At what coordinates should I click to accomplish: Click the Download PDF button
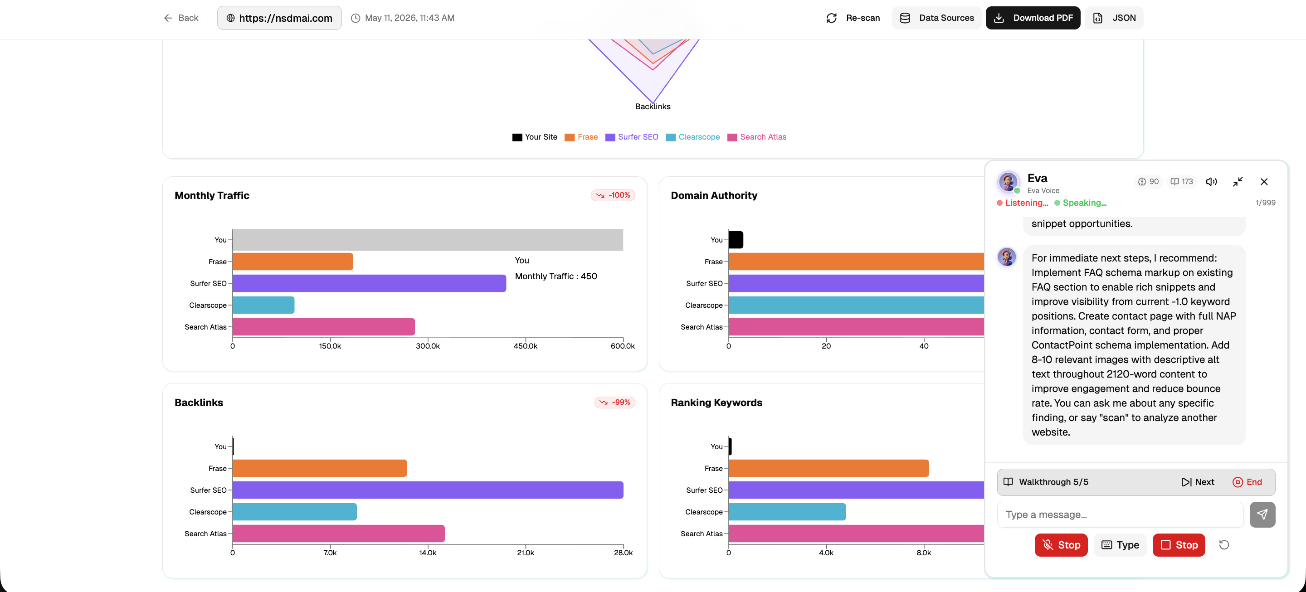pos(1033,18)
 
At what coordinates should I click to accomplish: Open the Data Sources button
pos(936,18)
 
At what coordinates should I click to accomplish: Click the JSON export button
pos(1114,18)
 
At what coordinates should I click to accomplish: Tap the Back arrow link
pos(181,18)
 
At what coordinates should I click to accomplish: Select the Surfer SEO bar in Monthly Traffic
pos(369,283)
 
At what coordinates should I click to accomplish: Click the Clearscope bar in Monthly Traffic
pos(263,305)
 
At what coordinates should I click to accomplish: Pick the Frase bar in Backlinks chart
pos(320,468)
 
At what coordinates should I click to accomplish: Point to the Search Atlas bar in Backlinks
pos(339,534)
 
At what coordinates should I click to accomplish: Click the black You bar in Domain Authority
pos(736,240)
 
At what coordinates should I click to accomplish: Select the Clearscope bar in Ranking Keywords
pos(787,512)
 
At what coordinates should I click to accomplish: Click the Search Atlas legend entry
pos(757,137)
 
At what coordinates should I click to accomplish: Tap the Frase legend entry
pos(581,137)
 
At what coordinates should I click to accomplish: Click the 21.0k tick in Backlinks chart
pos(525,553)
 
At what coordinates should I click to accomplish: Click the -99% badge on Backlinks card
pos(615,403)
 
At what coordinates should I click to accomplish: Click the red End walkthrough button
pos(1247,482)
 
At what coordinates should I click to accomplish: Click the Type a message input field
pos(1120,515)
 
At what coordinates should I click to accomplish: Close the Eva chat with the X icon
pos(1264,181)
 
